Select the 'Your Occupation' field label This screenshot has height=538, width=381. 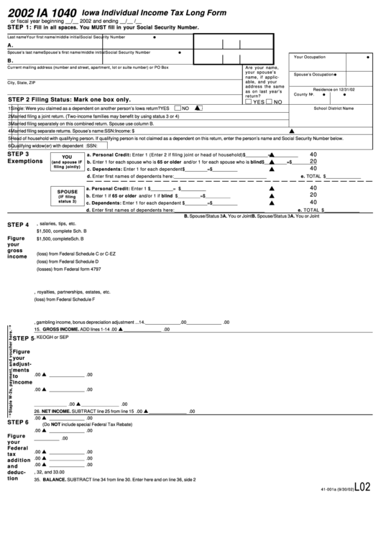[310, 56]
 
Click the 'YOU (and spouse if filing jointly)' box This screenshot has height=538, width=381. [67, 162]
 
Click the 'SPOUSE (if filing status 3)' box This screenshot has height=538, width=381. [67, 196]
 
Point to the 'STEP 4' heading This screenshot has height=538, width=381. [18, 225]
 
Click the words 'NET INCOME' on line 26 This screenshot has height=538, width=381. [56, 412]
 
